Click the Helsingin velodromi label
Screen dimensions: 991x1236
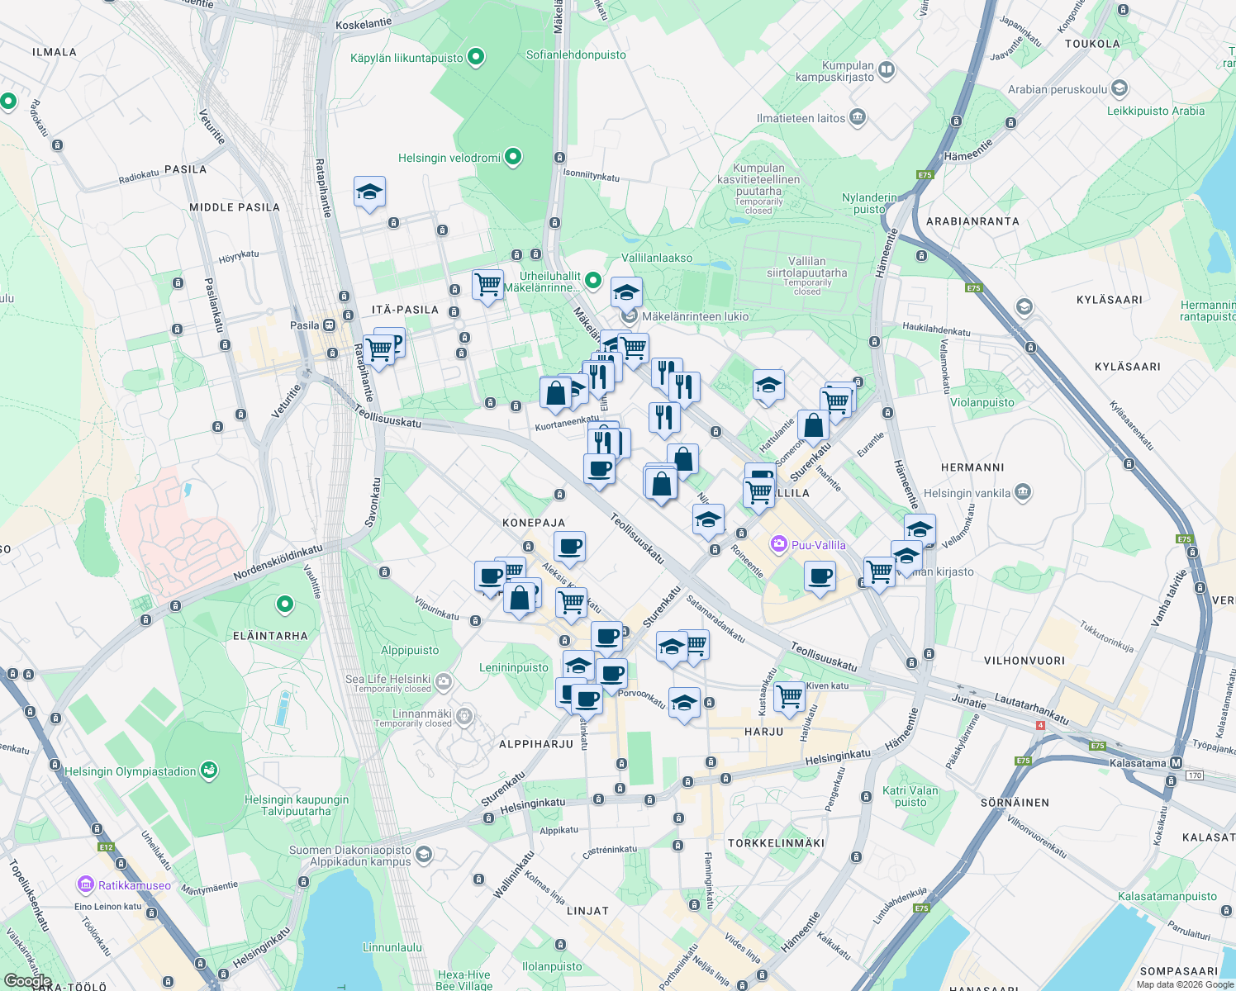point(449,158)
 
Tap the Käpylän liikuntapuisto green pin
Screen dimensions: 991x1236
point(475,57)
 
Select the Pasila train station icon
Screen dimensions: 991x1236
point(329,325)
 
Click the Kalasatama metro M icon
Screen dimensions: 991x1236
point(1177,763)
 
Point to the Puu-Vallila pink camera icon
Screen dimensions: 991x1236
point(778,544)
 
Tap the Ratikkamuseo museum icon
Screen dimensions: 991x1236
point(86,885)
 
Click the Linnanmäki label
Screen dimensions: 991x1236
point(422,714)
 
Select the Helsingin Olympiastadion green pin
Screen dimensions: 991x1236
point(208,771)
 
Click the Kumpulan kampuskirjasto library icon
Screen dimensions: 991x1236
point(887,69)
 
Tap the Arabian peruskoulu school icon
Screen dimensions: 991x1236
point(1120,88)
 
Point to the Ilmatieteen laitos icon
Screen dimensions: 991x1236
point(857,117)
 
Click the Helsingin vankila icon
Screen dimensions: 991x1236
point(1023,493)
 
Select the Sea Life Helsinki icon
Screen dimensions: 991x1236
point(444,681)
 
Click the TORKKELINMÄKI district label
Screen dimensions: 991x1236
point(776,843)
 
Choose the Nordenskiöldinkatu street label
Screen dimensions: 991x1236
point(278,562)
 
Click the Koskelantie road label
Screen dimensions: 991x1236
point(364,24)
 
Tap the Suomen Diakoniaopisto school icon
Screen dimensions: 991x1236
point(424,854)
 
